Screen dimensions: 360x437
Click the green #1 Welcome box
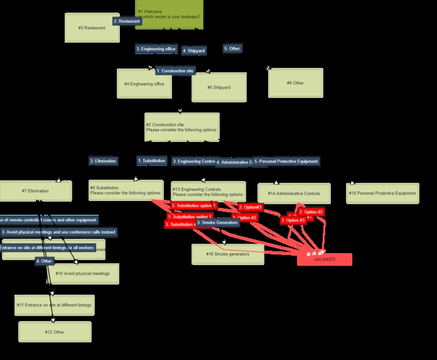[x=170, y=14]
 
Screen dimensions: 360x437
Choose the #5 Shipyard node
[x=218, y=87]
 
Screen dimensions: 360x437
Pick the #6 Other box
[x=295, y=83]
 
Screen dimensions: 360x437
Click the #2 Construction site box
[x=181, y=127]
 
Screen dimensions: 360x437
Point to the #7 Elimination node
[x=36, y=191]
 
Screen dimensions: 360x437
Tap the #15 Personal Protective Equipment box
[x=382, y=193]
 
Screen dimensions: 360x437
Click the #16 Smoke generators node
[x=227, y=254]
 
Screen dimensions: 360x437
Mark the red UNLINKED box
[x=324, y=259]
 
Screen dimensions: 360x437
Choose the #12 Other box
[x=55, y=331]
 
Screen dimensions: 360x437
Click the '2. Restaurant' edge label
[x=127, y=21]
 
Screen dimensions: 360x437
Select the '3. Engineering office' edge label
[x=156, y=48]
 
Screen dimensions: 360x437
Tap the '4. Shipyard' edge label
[x=193, y=50]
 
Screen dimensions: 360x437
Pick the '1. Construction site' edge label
[x=175, y=71]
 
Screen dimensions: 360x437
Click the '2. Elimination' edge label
[x=103, y=161]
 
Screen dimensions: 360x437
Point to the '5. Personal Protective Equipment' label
[x=286, y=161]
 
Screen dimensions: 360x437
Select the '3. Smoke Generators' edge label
[x=217, y=222]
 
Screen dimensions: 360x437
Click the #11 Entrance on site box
[x=55, y=305]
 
